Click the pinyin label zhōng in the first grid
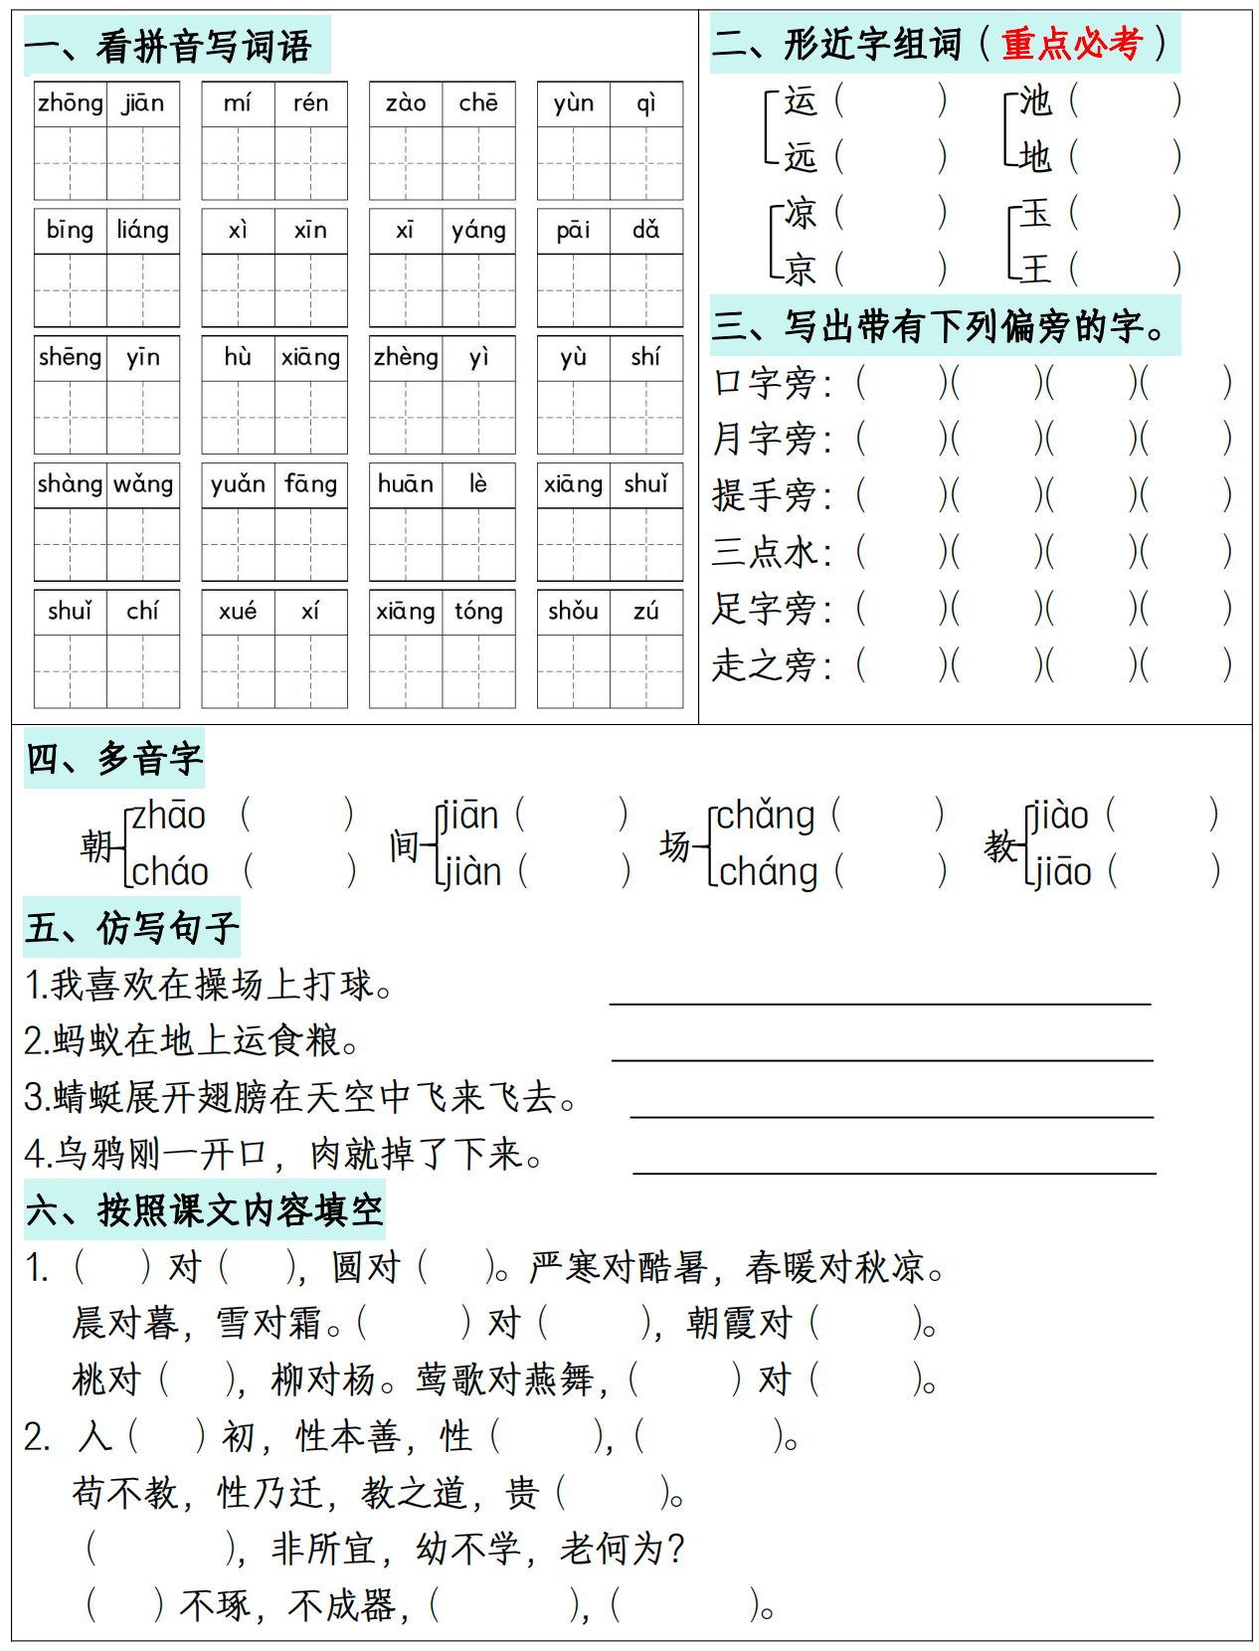tap(70, 103)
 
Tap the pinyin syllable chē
tap(478, 103)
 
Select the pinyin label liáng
tap(142, 231)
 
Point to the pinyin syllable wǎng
tap(143, 484)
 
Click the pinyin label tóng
tap(478, 612)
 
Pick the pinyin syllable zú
tap(646, 612)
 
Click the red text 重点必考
tap(1071, 44)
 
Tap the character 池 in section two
tap(1035, 100)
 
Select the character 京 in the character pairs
tap(801, 269)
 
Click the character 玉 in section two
tap(1035, 212)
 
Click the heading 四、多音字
tap(113, 759)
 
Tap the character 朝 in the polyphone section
tap(96, 845)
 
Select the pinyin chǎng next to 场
tap(765, 816)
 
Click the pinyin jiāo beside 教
tap(1062, 872)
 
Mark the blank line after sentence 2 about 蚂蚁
tap(881, 1058)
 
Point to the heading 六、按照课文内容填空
tap(204, 1210)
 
